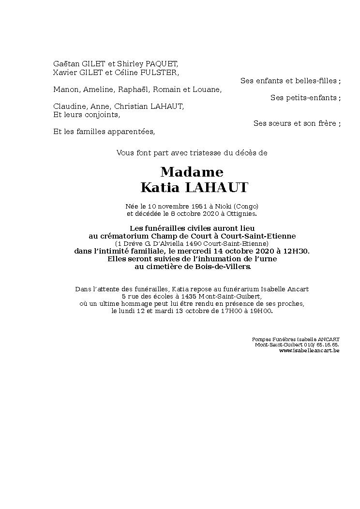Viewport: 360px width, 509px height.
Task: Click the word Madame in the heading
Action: pos(192,172)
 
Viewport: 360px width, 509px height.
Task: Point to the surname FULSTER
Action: pos(161,73)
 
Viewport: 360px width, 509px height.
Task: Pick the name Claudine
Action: pos(68,106)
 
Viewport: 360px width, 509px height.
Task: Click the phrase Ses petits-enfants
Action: pos(304,98)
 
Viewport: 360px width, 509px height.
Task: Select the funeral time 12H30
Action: pos(297,251)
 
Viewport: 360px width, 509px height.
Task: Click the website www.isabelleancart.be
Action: pos(309,350)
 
